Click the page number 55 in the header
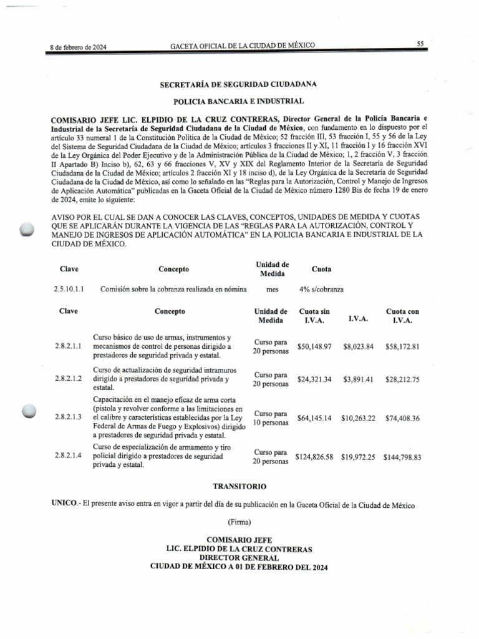tap(420, 44)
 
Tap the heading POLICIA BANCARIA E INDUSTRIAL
tap(238, 100)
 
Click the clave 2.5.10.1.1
tap(69, 290)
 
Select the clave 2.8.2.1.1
tap(69, 345)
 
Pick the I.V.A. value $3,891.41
tap(358, 379)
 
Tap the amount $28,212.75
tap(402, 379)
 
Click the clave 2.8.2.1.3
tap(69, 417)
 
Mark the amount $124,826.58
tap(316, 457)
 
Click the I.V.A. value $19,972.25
tap(358, 457)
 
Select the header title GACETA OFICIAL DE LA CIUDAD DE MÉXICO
tap(243, 46)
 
